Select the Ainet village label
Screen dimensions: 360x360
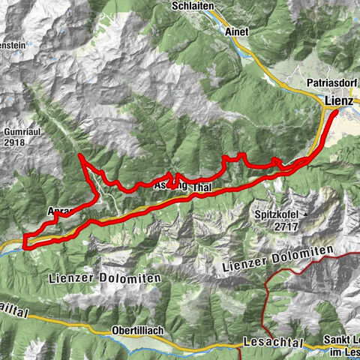tap(237, 32)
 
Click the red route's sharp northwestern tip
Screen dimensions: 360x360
tap(79, 155)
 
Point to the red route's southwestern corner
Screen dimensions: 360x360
tap(25, 244)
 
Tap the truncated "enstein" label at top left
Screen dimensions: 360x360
tap(13, 44)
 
